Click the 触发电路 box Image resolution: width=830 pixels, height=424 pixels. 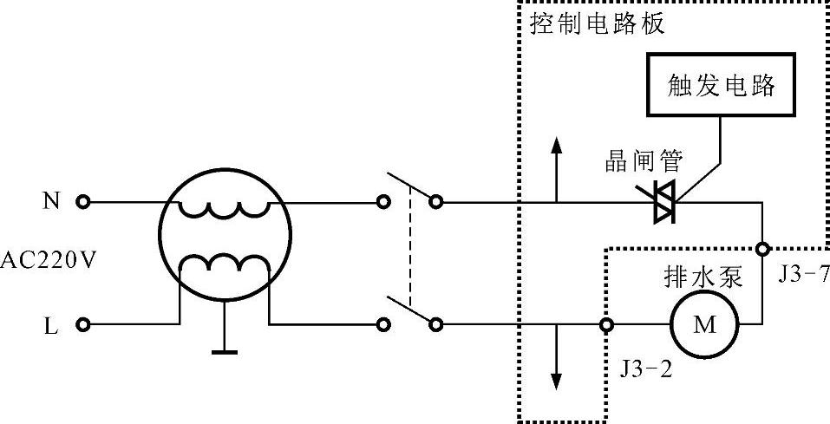(720, 85)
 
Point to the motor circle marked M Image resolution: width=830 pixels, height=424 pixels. (704, 325)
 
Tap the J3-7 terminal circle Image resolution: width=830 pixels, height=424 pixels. (762, 250)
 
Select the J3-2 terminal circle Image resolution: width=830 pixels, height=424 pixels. (606, 325)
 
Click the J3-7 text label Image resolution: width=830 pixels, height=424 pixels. (803, 276)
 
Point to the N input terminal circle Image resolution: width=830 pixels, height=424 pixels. (83, 202)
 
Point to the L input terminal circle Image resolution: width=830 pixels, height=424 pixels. (83, 325)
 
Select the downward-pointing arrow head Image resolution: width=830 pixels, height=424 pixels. (556, 382)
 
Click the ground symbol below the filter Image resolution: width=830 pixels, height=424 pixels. (224, 350)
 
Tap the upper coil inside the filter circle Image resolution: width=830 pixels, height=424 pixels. (223, 209)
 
